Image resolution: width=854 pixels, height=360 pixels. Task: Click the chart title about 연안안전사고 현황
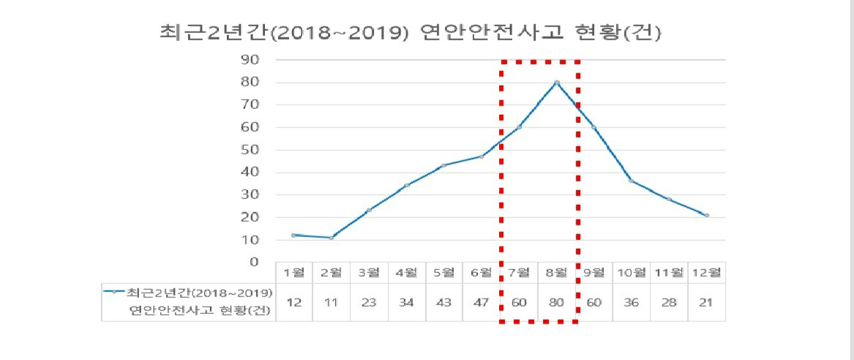point(410,33)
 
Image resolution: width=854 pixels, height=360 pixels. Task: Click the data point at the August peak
point(556,83)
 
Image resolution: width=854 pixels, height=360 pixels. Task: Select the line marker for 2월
point(332,237)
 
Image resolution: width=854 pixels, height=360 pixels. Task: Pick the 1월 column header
point(294,273)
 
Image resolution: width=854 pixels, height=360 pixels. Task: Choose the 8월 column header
point(556,273)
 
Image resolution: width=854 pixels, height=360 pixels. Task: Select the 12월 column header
point(706,273)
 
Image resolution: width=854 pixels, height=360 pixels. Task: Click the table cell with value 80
point(556,303)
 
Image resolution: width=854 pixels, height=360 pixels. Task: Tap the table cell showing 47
point(482,303)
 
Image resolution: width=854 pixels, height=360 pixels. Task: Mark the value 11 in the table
point(332,303)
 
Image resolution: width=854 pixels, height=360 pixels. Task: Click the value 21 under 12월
point(706,303)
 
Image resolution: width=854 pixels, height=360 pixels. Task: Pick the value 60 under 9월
point(594,303)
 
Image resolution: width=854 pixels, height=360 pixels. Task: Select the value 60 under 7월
point(519,303)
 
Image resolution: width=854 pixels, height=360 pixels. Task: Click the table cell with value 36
point(632,303)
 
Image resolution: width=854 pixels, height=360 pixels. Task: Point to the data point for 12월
point(706,215)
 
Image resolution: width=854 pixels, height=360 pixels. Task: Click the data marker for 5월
point(444,165)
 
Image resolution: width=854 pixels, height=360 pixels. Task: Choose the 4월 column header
point(407,273)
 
